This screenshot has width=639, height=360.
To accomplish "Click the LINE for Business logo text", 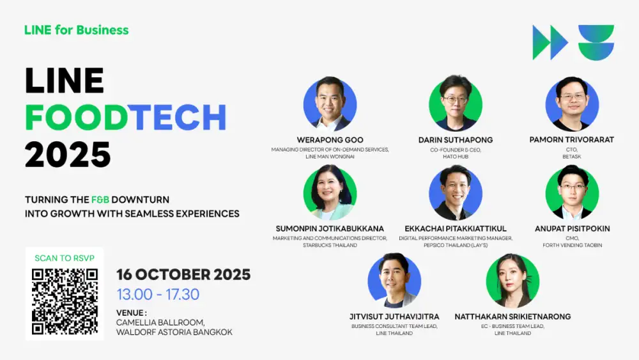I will coord(76,30).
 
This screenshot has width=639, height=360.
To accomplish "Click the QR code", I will coord(65,301).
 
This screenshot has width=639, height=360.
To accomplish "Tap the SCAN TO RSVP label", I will coord(65,258).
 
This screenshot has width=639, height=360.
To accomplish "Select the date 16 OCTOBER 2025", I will coord(183,275).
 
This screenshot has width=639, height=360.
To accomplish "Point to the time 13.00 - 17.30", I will coord(158,295).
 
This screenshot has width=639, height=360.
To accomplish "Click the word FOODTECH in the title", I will coord(126,117).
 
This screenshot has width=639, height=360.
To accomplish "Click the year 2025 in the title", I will coord(68,154).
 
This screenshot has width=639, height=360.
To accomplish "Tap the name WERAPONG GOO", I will coord(330,140).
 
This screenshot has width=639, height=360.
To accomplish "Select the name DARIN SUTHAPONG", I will coord(455,140).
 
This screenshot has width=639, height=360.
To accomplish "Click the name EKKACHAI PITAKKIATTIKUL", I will coord(455,228).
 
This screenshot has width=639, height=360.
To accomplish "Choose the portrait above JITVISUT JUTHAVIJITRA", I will coord(394,281).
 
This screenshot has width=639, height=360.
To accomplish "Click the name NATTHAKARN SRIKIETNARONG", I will coord(512,317).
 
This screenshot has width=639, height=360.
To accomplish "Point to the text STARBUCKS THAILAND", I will coord(330,245).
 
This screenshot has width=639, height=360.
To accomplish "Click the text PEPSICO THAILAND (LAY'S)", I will coord(455,245).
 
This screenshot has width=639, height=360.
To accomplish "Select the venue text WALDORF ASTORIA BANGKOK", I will coord(174,333).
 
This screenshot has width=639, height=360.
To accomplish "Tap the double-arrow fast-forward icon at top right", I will coord(550,43).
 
